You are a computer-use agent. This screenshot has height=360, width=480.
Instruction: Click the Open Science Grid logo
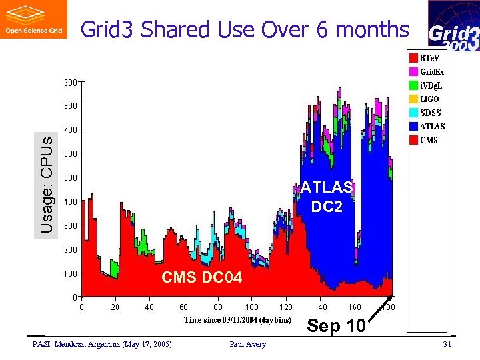[34, 19]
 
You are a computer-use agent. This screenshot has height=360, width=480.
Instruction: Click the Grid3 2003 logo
[453, 26]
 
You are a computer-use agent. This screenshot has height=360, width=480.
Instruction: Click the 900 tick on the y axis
[71, 82]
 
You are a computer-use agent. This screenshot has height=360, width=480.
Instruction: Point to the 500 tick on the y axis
[71, 177]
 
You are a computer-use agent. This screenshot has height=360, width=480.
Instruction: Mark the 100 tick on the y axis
[71, 273]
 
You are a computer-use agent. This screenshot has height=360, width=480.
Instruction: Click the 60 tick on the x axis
[183, 307]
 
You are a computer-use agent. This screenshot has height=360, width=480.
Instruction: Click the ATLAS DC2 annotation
[327, 197]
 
